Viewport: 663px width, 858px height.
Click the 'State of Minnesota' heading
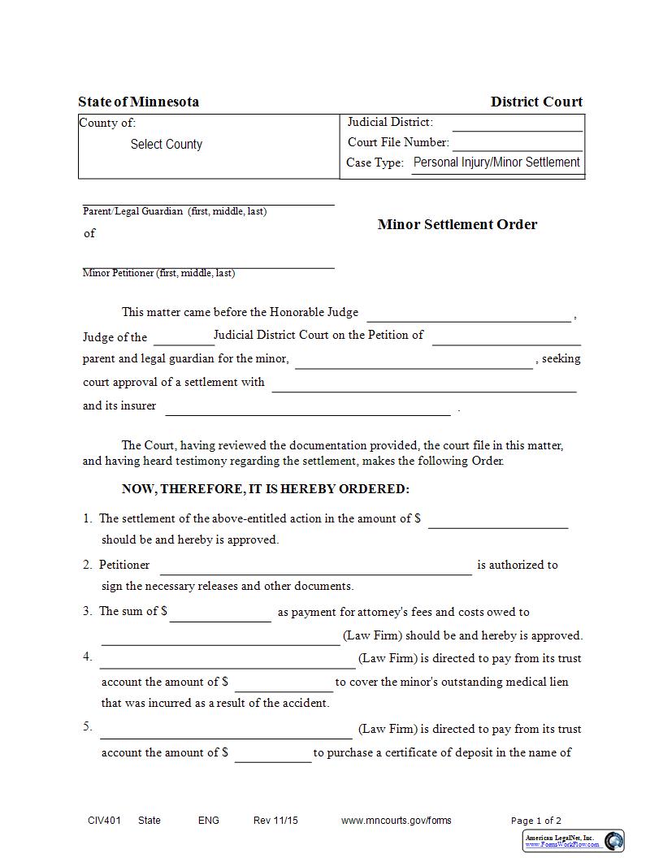click(x=138, y=102)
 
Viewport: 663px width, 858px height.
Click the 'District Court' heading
click(x=536, y=102)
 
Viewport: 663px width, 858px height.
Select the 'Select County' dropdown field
click(x=167, y=145)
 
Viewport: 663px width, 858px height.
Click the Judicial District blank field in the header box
click(x=517, y=123)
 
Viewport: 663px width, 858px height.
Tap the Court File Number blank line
click(x=517, y=143)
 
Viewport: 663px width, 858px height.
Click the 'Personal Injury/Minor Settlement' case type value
click(x=496, y=162)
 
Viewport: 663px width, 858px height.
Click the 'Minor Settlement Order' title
click(x=457, y=224)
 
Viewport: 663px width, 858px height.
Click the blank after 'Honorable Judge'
click(x=469, y=314)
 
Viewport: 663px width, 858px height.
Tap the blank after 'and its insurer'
click(x=308, y=408)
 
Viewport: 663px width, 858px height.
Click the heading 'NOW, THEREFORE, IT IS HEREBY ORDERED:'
click(x=266, y=489)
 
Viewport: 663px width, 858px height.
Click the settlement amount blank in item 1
click(x=497, y=521)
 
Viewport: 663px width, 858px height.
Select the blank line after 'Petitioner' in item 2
click(x=315, y=567)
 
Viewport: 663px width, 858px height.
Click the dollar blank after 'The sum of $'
click(x=220, y=614)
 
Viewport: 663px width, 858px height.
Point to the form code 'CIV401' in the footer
click(x=104, y=821)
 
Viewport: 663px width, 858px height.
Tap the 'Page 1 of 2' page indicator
click(x=536, y=821)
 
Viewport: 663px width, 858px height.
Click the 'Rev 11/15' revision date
click(x=275, y=821)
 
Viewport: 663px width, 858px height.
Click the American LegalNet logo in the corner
click(x=574, y=841)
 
